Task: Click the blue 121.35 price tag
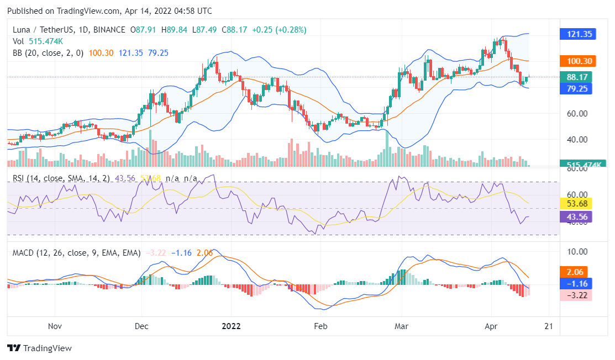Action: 576,34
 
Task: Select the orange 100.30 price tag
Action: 576,61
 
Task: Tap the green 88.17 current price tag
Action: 576,77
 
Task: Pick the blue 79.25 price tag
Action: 576,88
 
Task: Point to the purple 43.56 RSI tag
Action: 576,216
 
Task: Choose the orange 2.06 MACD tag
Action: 576,272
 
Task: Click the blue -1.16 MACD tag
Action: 576,283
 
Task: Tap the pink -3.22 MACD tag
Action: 576,295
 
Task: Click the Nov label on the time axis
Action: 55,326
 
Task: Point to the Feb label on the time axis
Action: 320,326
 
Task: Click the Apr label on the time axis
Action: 491,326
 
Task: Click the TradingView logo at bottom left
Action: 39,348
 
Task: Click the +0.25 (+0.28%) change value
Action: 279,29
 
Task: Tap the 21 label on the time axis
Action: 549,326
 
